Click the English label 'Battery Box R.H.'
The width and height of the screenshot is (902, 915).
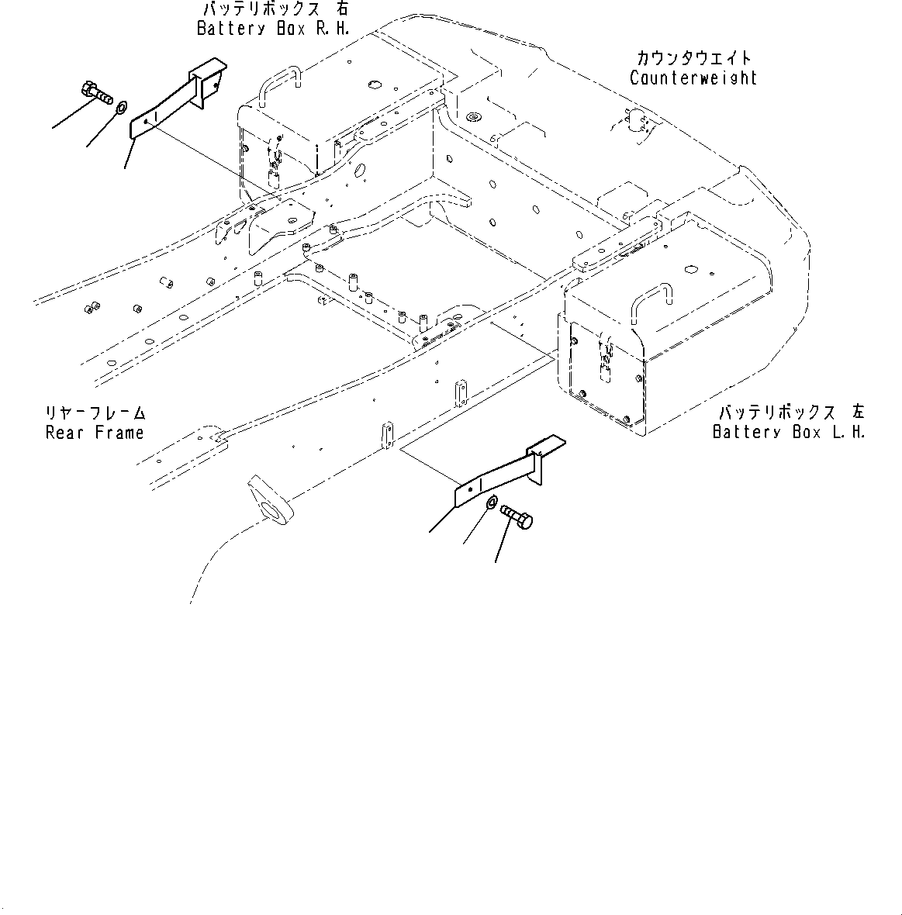(x=273, y=29)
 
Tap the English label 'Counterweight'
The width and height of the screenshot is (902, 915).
(x=693, y=78)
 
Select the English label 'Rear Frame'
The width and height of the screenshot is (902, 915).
(x=95, y=433)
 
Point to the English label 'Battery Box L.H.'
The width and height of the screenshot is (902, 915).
(x=789, y=432)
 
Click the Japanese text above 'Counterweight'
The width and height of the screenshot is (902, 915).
(x=693, y=58)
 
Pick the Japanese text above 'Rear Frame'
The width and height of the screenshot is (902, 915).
(x=95, y=413)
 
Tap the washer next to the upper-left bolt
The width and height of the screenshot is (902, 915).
(x=122, y=108)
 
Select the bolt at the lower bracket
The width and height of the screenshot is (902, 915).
(x=517, y=516)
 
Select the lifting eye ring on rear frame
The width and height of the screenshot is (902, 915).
(x=271, y=501)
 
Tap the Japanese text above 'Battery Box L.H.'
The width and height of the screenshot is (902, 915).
(x=791, y=413)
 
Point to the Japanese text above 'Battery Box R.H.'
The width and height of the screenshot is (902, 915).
(x=275, y=9)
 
